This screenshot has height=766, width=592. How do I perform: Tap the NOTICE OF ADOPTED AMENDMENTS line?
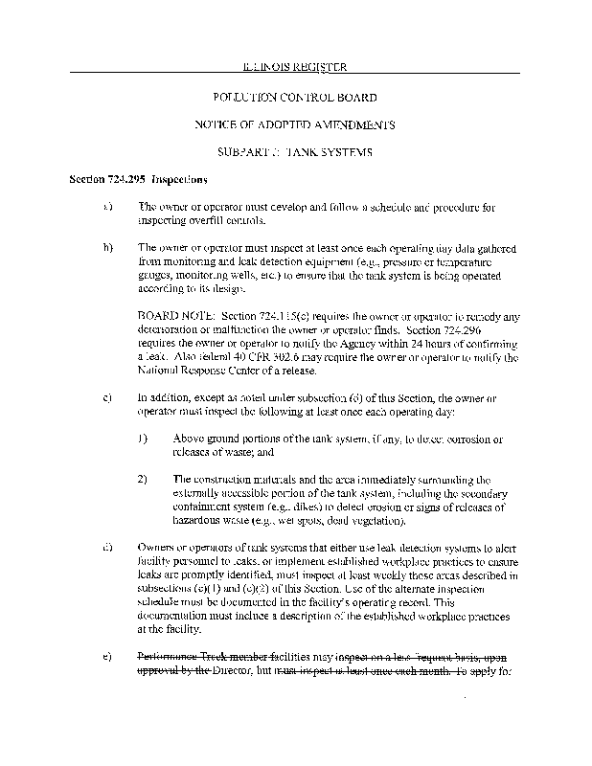(x=295, y=124)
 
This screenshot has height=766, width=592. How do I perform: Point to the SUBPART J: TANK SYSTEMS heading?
(x=295, y=152)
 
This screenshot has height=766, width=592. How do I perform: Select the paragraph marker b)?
(x=107, y=247)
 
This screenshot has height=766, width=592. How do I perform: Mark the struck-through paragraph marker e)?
(x=107, y=658)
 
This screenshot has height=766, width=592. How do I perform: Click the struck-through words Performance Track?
(x=179, y=658)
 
